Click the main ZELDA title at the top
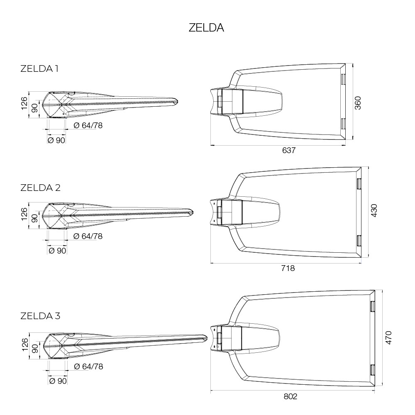click(206, 28)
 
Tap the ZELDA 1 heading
click(39, 69)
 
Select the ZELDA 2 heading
click(41, 188)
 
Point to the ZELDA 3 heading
click(41, 316)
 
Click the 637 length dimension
click(288, 150)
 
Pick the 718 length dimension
click(288, 269)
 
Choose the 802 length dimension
click(290, 396)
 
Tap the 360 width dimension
click(358, 103)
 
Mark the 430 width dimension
click(374, 211)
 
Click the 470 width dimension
click(388, 337)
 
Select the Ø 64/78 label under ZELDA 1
click(88, 125)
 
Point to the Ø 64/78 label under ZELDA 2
click(88, 236)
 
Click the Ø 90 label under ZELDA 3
click(58, 381)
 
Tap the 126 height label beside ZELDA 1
click(24, 103)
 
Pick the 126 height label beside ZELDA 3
click(24, 344)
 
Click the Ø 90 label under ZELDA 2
click(57, 250)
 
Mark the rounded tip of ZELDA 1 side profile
click(176, 101)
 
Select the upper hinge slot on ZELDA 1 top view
click(343, 79)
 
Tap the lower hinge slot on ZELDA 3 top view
click(373, 370)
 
